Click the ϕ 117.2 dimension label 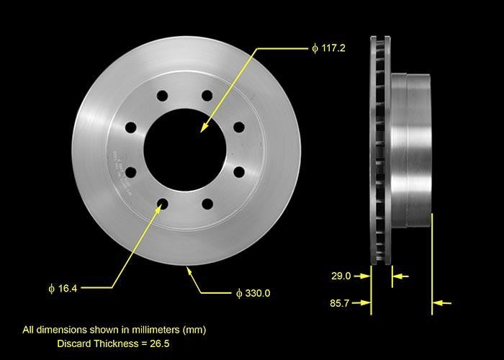[330, 48]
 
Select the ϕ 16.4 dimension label [63, 289]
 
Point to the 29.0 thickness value [341, 276]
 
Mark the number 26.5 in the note [156, 343]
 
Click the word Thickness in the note [115, 343]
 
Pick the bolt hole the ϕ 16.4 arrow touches [162, 204]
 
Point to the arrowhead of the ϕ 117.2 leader [203, 129]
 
